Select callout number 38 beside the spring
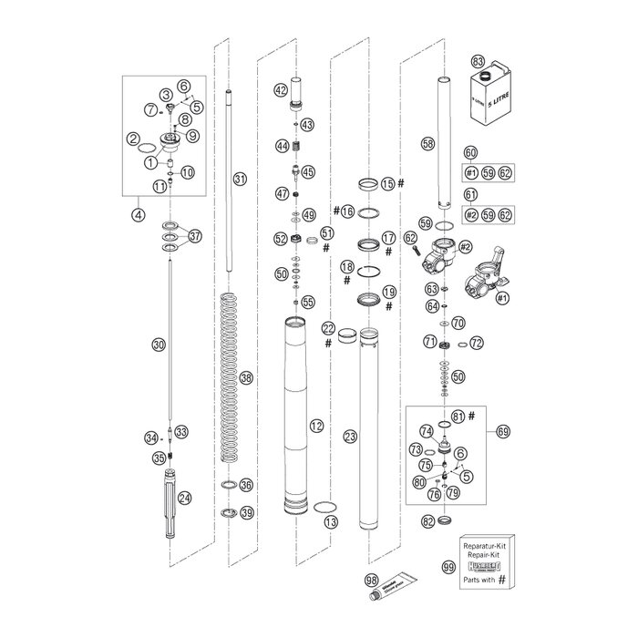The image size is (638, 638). click(244, 376)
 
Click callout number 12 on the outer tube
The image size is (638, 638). click(315, 425)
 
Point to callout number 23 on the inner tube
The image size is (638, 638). click(348, 437)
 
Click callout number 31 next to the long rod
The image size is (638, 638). click(239, 179)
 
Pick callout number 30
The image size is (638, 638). click(159, 345)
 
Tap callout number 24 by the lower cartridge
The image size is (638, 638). click(184, 498)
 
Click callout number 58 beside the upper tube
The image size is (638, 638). click(427, 143)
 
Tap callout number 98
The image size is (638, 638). click(371, 580)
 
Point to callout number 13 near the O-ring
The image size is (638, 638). click(330, 522)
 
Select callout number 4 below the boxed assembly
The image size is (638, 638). click(138, 216)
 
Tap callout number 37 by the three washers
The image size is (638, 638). click(194, 237)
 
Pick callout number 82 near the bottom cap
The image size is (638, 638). click(428, 520)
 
